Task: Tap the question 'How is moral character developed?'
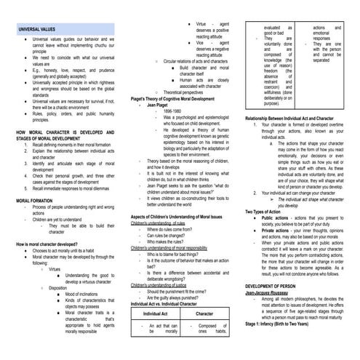pos(47,244)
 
